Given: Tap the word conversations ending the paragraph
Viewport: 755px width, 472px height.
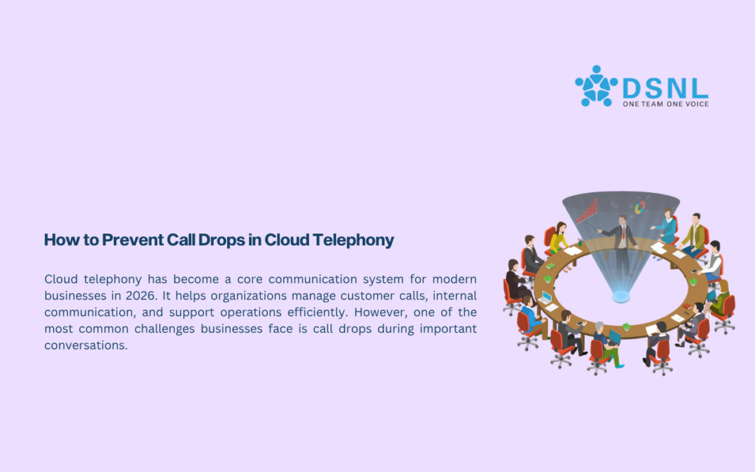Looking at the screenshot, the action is pos(86,345).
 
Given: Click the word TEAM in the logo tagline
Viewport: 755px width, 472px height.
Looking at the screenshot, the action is pos(652,104).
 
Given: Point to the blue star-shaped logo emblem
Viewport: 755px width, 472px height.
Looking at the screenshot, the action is pos(596,87).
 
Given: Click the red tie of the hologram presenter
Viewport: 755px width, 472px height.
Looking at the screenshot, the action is pos(623,232).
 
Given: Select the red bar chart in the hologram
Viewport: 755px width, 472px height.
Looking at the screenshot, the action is pos(587,211).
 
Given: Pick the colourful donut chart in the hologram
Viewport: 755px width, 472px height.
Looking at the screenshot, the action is pos(640,208).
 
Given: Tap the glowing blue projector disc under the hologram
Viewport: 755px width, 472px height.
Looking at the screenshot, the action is pos(621,296).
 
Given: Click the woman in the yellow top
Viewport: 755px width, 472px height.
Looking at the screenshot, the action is pos(559,238).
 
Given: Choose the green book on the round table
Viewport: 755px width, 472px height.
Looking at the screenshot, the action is pos(550,266).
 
